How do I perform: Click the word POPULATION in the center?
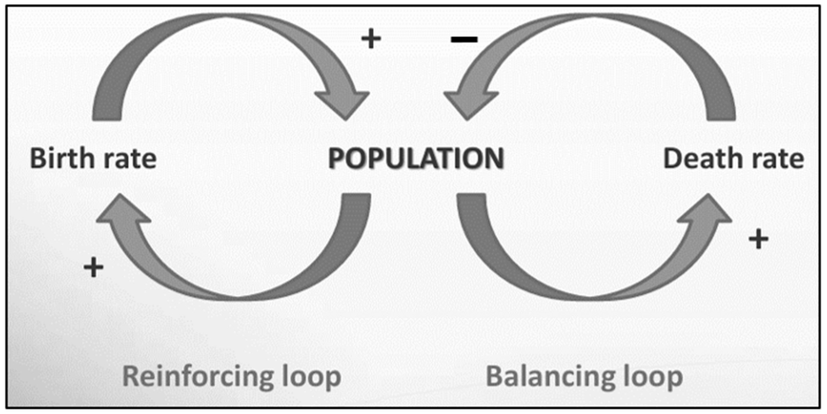coord(416,159)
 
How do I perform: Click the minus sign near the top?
coord(464,39)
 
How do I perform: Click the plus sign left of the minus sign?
coord(371,39)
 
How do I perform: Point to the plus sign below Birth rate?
coord(94,267)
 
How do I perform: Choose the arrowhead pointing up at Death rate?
coord(706,210)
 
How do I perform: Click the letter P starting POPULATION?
coord(336,159)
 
